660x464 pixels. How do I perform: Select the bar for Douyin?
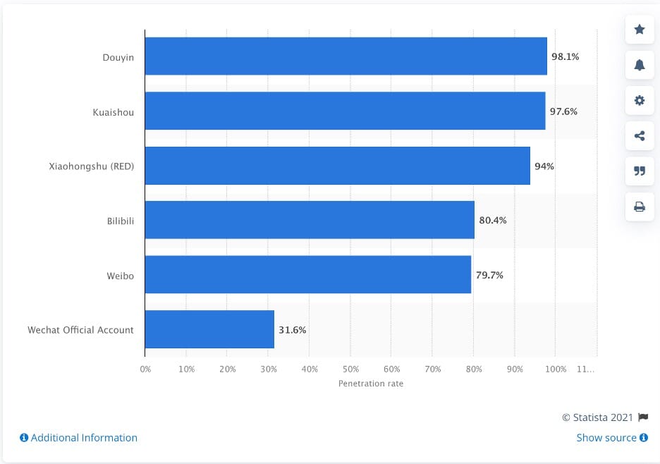[x=346, y=56]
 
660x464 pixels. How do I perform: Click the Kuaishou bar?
[x=345, y=111]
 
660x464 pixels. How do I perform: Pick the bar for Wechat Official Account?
[x=209, y=329]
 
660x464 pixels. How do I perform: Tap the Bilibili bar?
[x=310, y=220]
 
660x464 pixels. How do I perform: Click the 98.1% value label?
[x=565, y=56]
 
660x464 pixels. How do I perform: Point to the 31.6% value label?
[x=292, y=329]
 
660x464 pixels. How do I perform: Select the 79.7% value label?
[x=489, y=275]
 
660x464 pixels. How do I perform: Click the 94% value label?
[x=544, y=166]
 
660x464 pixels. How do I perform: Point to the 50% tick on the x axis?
[x=350, y=369]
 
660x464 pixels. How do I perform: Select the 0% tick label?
[x=145, y=369]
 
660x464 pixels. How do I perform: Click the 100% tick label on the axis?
[x=556, y=369]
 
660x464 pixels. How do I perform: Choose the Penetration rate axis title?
[x=371, y=384]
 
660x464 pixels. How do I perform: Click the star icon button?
[x=640, y=29]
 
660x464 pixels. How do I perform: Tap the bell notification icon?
[x=640, y=65]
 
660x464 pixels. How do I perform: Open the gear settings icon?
[x=640, y=100]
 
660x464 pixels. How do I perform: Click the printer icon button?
[x=640, y=207]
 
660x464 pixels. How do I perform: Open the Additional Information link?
[x=78, y=437]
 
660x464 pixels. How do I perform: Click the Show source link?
[x=611, y=437]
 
